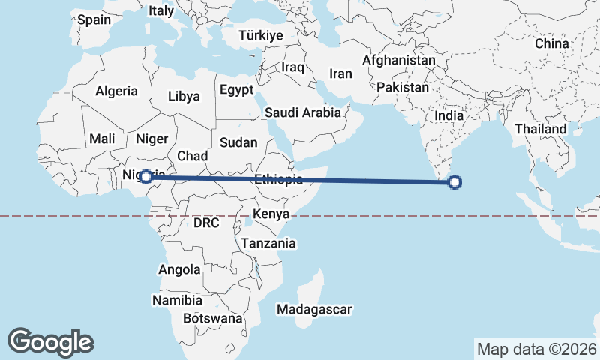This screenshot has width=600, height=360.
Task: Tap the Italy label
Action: (161, 10)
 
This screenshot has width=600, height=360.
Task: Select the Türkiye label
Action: (260, 35)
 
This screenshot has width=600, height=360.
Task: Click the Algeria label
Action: (116, 91)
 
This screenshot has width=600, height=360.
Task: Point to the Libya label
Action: (184, 96)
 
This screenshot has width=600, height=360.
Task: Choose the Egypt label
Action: (238, 90)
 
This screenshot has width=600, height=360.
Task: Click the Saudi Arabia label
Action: (302, 113)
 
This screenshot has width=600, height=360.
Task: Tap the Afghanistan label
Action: (398, 60)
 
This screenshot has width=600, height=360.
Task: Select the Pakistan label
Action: (401, 87)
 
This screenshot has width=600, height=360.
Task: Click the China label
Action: (552, 44)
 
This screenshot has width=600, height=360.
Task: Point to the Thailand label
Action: (540, 129)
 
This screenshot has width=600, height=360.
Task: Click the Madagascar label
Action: (314, 309)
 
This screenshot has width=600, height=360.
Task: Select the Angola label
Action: (180, 269)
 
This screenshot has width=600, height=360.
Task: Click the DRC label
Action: (206, 223)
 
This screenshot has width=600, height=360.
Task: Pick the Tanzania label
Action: (268, 243)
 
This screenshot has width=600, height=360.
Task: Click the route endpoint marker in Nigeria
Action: (147, 178)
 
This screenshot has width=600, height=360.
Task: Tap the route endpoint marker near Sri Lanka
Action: (454, 181)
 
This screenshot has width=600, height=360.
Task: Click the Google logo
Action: (51, 342)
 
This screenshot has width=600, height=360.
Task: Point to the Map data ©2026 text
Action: (536, 349)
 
